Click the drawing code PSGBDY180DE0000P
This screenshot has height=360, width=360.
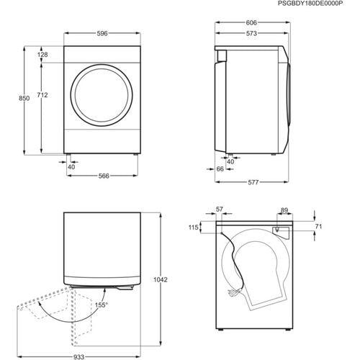point(310,4)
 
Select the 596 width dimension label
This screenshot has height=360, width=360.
point(102,33)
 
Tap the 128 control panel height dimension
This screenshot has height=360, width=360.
point(42,55)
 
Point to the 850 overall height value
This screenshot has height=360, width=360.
point(24,98)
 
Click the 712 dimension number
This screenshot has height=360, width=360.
point(42,95)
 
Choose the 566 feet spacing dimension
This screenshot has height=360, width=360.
point(104,176)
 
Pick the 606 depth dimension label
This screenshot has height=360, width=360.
point(251,23)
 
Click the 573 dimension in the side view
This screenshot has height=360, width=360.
point(251,33)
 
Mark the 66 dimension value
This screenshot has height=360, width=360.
point(220,169)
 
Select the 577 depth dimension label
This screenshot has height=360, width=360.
point(253,182)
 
